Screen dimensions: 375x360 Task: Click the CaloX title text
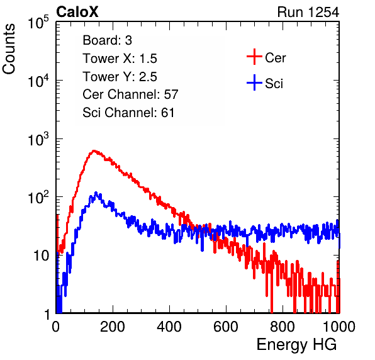(77, 12)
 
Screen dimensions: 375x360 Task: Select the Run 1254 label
(308, 12)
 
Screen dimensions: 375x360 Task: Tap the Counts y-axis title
(9, 49)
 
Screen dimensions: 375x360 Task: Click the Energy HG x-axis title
(296, 345)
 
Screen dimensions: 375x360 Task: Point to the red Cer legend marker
(254, 57)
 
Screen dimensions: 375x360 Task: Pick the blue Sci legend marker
(254, 82)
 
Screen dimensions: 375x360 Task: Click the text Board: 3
(107, 40)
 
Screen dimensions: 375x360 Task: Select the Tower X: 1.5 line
(120, 59)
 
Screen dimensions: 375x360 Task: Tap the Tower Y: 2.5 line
(120, 77)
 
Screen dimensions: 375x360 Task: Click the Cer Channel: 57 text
(130, 94)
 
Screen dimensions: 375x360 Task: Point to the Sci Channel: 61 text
(128, 113)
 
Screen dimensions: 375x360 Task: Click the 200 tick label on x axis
(113, 327)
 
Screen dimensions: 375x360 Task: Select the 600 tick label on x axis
(226, 327)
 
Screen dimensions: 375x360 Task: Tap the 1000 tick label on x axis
(339, 327)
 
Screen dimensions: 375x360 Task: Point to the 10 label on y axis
(41, 256)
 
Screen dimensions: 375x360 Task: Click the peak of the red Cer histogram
(94, 150)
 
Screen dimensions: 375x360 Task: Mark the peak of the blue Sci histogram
(96, 193)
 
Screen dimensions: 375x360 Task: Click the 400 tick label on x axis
(169, 327)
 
